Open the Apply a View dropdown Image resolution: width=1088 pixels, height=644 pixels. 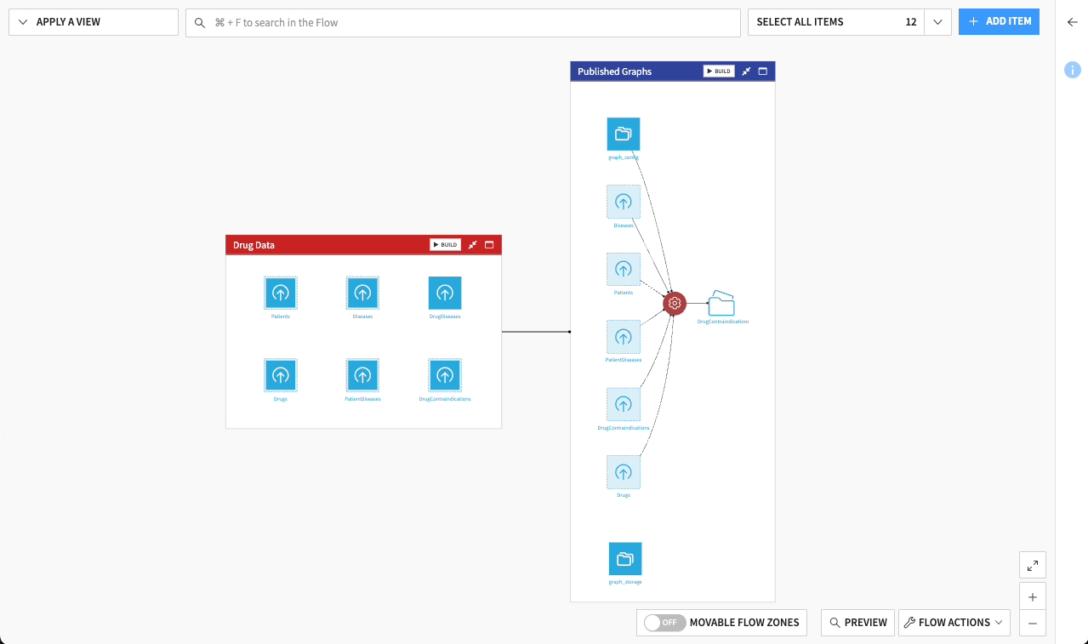click(x=93, y=22)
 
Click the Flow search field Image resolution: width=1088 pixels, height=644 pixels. click(x=463, y=23)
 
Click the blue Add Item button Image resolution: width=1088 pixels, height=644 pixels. click(x=999, y=21)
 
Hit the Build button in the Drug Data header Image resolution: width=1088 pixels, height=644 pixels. click(x=445, y=245)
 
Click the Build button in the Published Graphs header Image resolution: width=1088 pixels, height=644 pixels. click(x=719, y=71)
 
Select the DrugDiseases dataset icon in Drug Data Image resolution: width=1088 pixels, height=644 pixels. click(x=445, y=294)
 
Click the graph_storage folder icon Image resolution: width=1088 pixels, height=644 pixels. click(x=625, y=559)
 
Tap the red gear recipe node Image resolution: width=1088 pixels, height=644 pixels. click(x=675, y=303)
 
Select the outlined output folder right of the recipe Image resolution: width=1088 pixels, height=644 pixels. click(x=721, y=303)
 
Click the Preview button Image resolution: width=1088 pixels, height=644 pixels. click(x=857, y=623)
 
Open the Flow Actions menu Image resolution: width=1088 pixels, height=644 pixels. click(x=954, y=623)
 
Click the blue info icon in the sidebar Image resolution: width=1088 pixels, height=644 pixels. click(x=1073, y=70)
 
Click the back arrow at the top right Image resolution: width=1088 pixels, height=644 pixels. click(x=1073, y=22)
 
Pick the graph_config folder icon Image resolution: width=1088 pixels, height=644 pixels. click(x=624, y=134)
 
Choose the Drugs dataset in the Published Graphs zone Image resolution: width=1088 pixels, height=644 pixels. click(x=624, y=472)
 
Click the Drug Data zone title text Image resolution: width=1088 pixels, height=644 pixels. click(x=253, y=245)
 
